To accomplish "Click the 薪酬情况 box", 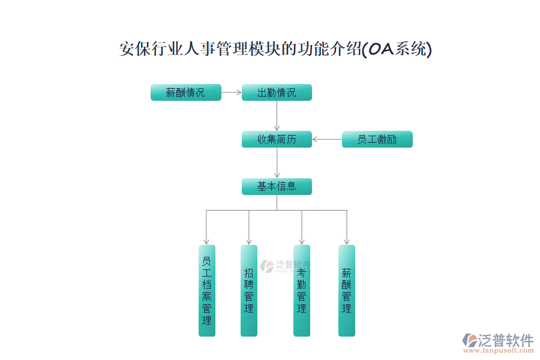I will pyautogui.click(x=185, y=92).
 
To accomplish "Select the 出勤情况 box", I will pyautogui.click(x=277, y=92).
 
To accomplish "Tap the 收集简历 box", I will pyautogui.click(x=277, y=139).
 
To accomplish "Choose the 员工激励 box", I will pyautogui.click(x=377, y=139).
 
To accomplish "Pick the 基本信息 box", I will pyautogui.click(x=277, y=186).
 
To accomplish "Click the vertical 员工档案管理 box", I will pyautogui.click(x=206, y=290).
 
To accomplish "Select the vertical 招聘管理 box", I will pyautogui.click(x=249, y=290).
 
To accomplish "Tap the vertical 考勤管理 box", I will pyautogui.click(x=301, y=290).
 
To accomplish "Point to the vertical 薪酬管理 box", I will pyautogui.click(x=346, y=290).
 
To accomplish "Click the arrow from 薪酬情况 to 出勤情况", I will pyautogui.click(x=232, y=92).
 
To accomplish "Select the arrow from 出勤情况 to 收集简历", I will pyautogui.click(x=277, y=116).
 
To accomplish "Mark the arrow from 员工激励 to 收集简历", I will pyautogui.click(x=327, y=139).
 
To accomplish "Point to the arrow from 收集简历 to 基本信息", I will pyautogui.click(x=277, y=163).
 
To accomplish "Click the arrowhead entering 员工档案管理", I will pyautogui.click(x=206, y=241).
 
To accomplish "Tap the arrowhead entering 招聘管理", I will pyautogui.click(x=249, y=241).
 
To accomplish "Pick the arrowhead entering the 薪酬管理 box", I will pyautogui.click(x=346, y=241).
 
